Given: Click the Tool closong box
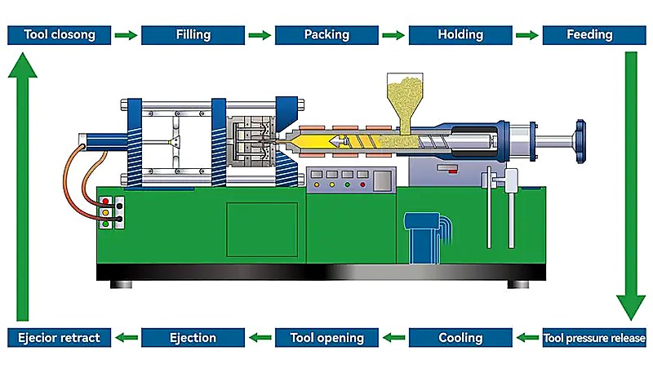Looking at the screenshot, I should [x=59, y=34].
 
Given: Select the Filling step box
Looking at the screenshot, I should [x=193, y=34].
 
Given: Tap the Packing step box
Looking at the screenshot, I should [x=326, y=34].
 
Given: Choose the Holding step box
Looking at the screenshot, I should [x=460, y=34].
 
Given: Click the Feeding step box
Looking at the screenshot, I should [x=594, y=34].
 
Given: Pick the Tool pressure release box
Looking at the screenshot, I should [x=594, y=337].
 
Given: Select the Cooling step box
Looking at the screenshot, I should [x=460, y=337].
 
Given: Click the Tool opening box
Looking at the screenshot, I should [x=326, y=337].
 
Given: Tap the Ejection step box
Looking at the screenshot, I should [x=193, y=337].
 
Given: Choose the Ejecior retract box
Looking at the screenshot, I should [x=59, y=337].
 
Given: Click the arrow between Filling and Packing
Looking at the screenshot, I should [x=260, y=35].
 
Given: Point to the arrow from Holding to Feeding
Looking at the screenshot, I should [x=527, y=35].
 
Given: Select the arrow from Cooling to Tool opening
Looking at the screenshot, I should [x=393, y=337].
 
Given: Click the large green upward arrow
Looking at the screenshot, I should [x=24, y=188].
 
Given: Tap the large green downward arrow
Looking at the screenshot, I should [x=630, y=188].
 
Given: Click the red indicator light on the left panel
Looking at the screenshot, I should [x=104, y=201].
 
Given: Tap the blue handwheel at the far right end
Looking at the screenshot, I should [x=580, y=138].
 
